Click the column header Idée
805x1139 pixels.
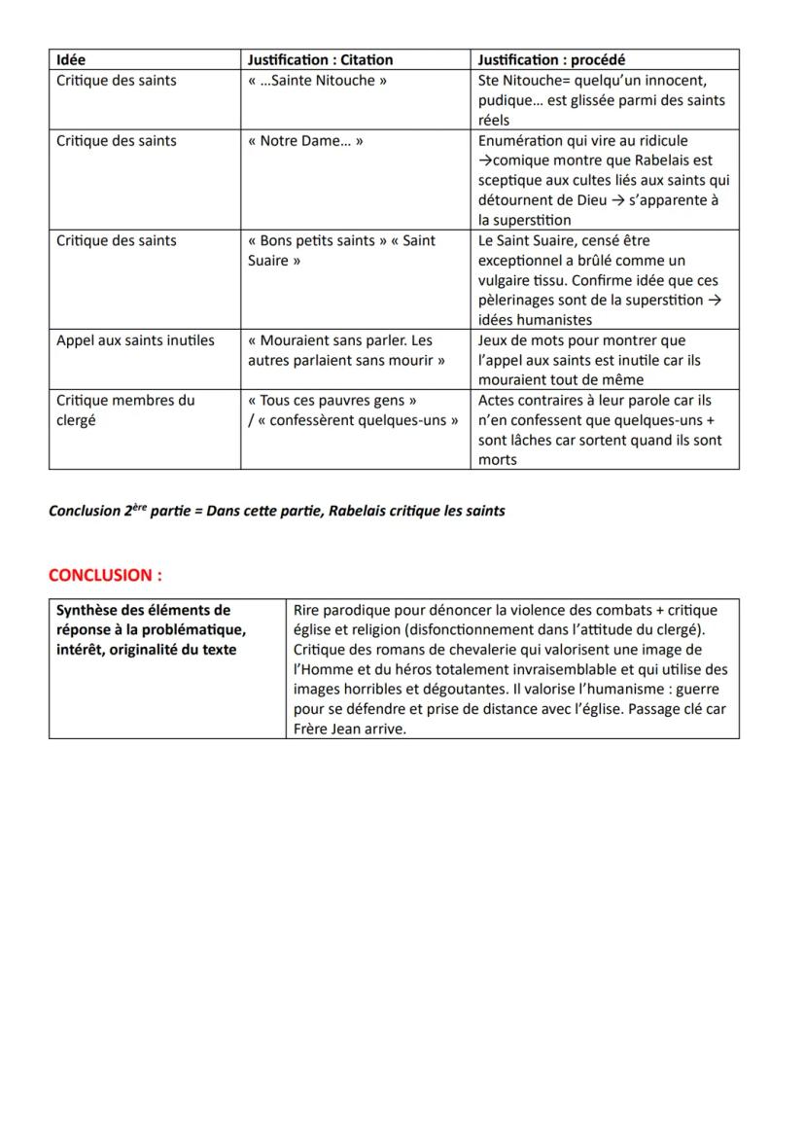click(71, 60)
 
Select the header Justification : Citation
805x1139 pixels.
click(320, 60)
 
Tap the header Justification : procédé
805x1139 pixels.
click(551, 60)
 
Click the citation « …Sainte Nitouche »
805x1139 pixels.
click(317, 81)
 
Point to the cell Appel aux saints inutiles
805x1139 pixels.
click(135, 340)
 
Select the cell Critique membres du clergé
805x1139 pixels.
click(125, 409)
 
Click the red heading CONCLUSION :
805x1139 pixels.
click(105, 575)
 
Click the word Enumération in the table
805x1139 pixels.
click(519, 141)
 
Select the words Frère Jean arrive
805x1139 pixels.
click(349, 730)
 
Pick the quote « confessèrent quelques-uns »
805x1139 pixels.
click(357, 420)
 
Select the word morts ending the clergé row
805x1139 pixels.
click(498, 460)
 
